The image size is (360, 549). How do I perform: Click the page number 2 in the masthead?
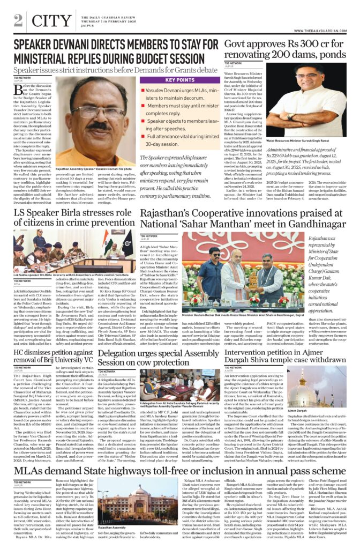[x=19, y=20]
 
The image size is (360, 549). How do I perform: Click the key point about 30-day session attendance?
[x=178, y=140]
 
